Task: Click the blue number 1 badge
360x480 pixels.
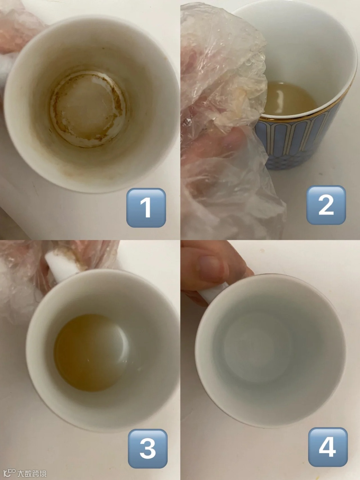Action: pos(146,208)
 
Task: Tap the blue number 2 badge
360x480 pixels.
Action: pos(326,205)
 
